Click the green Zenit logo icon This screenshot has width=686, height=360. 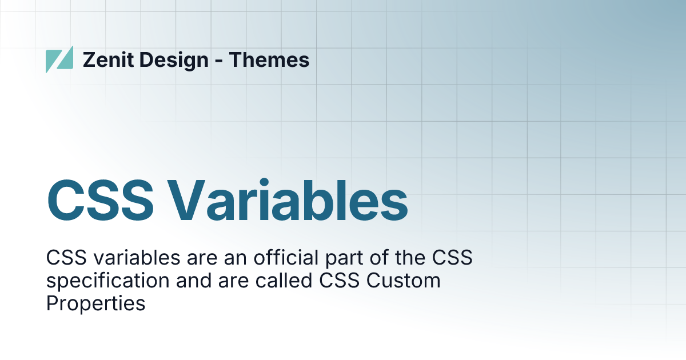point(59,59)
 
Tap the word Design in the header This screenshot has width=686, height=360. point(174,59)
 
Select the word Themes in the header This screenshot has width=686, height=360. point(269,59)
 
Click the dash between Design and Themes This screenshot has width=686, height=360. point(219,61)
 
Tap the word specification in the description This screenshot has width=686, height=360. point(107,281)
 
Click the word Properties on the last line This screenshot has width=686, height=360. point(95,303)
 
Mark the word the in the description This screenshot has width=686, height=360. point(408,258)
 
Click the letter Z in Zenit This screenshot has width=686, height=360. point(89,59)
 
